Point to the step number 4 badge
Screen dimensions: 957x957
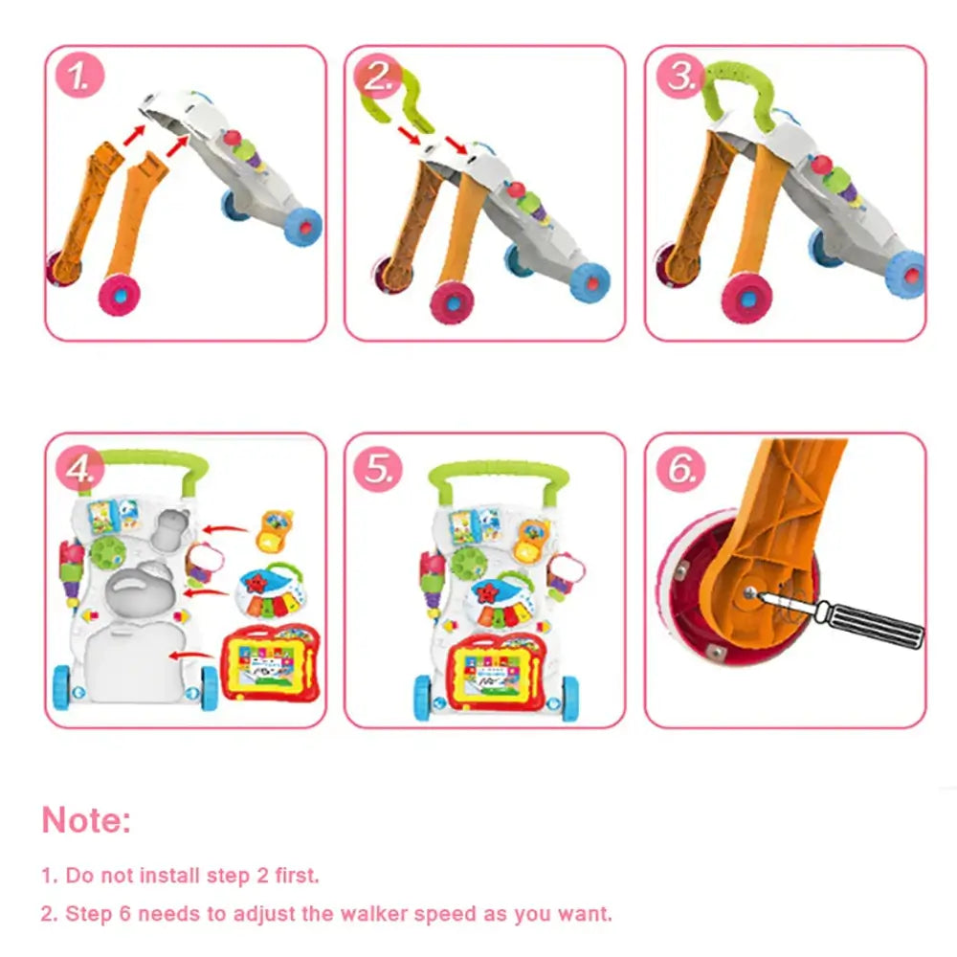click(x=81, y=469)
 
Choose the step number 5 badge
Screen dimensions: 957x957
click(x=380, y=469)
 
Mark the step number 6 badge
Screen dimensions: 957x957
click(x=680, y=469)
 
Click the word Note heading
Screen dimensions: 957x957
click(x=86, y=820)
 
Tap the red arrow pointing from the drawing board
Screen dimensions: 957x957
click(x=190, y=656)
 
